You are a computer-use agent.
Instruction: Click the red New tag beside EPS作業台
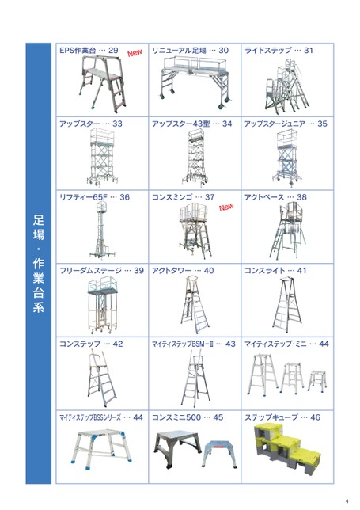click(135, 53)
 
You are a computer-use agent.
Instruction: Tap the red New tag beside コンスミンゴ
click(226, 207)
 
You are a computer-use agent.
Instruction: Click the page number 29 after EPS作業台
click(113, 51)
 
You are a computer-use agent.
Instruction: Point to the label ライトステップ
click(268, 51)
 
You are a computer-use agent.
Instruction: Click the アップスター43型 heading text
click(181, 124)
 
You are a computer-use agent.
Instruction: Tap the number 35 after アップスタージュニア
click(322, 124)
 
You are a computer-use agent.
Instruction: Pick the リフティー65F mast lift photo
click(102, 230)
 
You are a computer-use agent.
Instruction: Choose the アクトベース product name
click(264, 197)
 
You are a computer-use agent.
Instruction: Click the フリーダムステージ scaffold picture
click(102, 305)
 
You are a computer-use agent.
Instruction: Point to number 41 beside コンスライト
click(301, 271)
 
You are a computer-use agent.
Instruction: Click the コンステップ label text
click(80, 344)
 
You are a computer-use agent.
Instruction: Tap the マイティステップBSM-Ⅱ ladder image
click(195, 379)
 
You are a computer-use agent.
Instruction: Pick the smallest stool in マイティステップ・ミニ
click(316, 381)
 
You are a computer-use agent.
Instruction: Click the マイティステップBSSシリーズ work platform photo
click(101, 450)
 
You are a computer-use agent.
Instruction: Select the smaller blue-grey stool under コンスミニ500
click(218, 454)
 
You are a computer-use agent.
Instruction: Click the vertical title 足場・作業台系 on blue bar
click(38, 264)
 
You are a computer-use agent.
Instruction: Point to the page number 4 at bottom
click(347, 501)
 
